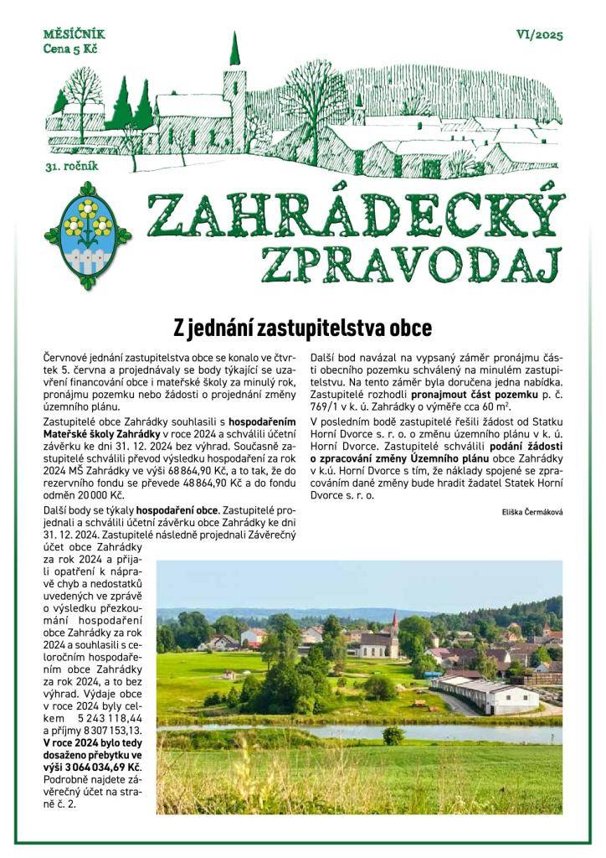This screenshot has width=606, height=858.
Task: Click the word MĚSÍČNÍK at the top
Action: click(74, 35)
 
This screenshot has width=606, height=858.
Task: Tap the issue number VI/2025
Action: click(540, 35)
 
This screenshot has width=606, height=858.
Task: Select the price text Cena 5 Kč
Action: click(71, 49)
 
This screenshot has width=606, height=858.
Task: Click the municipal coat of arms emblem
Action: click(88, 235)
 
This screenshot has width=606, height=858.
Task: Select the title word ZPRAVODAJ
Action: click(408, 262)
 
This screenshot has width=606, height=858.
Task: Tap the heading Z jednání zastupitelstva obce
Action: click(302, 326)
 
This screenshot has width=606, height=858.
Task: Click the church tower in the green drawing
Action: click(234, 84)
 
